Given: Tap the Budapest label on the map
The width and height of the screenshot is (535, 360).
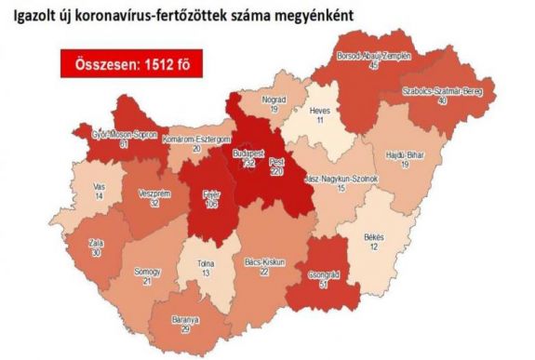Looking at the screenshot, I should (x=248, y=153).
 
